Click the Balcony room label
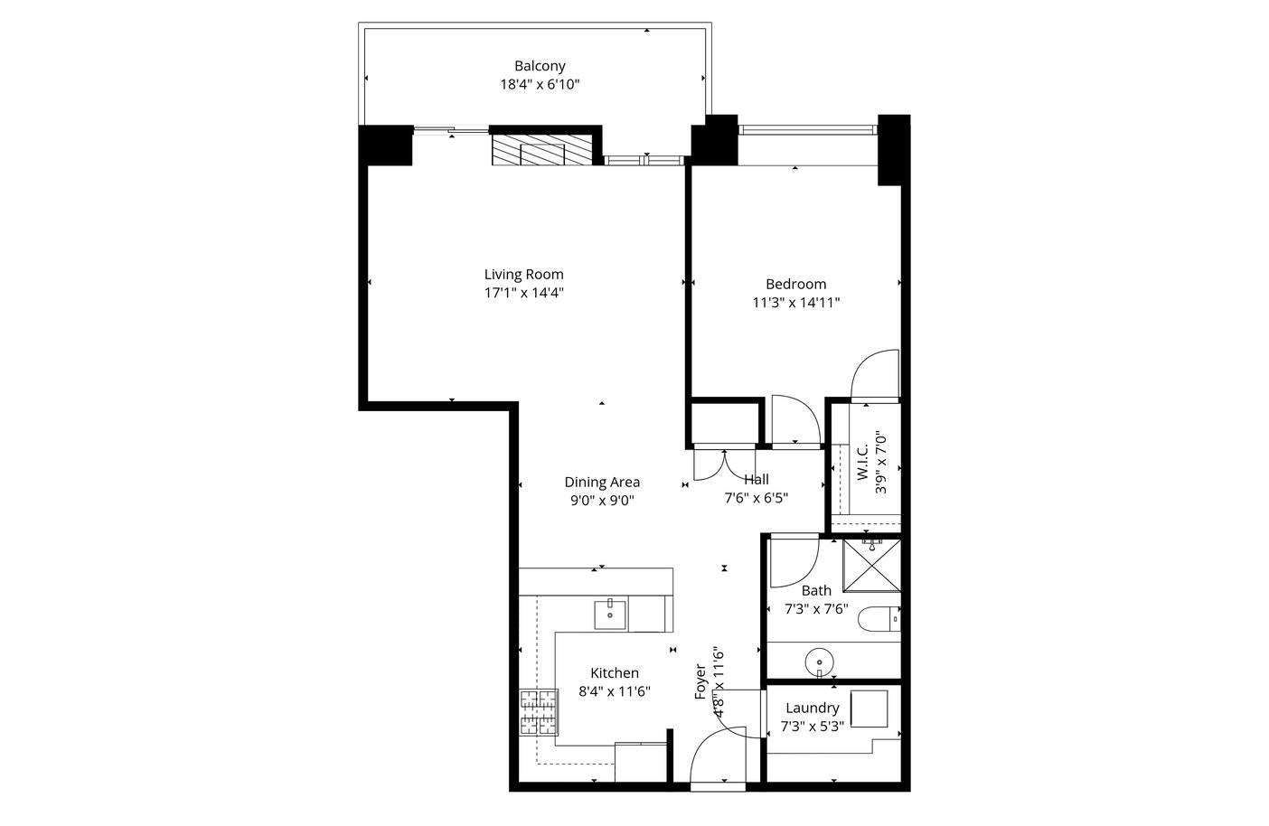tap(540, 66)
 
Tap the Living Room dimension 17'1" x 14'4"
tap(524, 293)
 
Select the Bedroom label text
tap(795, 284)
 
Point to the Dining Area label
tap(602, 482)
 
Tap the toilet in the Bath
tap(879, 619)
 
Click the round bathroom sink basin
tap(819, 662)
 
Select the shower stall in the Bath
tap(871, 565)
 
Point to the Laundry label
tap(813, 708)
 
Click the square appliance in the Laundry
tap(869, 709)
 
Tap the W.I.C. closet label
tap(862, 463)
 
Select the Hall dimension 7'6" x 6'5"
tap(757, 498)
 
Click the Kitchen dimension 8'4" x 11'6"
tap(615, 691)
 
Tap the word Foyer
tap(700, 681)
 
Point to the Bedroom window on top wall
tap(808, 130)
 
